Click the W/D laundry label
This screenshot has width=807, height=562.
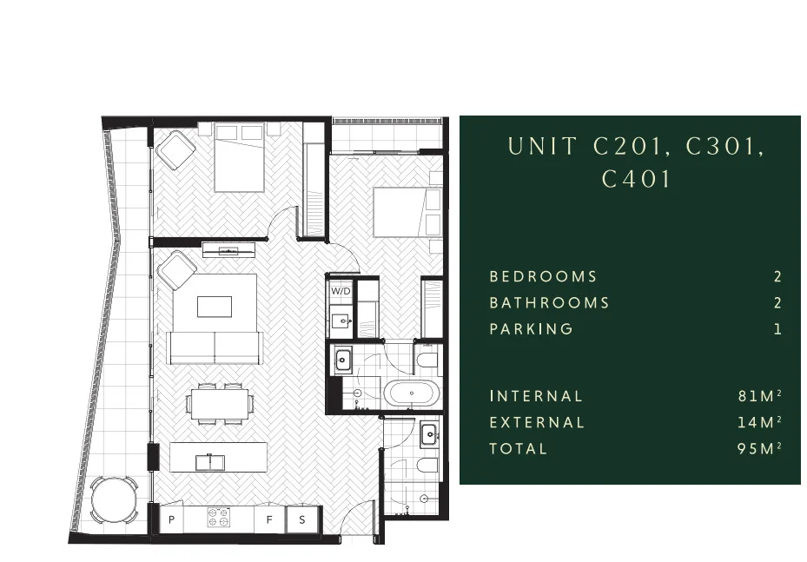341,291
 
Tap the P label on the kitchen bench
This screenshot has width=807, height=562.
171,519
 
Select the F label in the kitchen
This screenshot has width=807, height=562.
269,519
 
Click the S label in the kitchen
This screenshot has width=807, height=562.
302,519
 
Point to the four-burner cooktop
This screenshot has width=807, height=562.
220,519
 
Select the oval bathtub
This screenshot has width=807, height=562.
413,395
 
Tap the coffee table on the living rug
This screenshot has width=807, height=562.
215,307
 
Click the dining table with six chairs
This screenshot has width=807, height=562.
220,403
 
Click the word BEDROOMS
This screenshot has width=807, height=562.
543,277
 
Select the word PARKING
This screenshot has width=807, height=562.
531,329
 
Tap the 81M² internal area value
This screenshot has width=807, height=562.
759,396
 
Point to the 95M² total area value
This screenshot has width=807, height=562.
759,449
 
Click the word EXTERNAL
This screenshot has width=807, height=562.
537,423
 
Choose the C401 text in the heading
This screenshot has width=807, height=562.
637,180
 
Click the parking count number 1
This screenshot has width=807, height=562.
778,329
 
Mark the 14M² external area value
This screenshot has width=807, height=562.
759,423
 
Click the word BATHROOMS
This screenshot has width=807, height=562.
549,303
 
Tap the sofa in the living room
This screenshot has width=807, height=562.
215,347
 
